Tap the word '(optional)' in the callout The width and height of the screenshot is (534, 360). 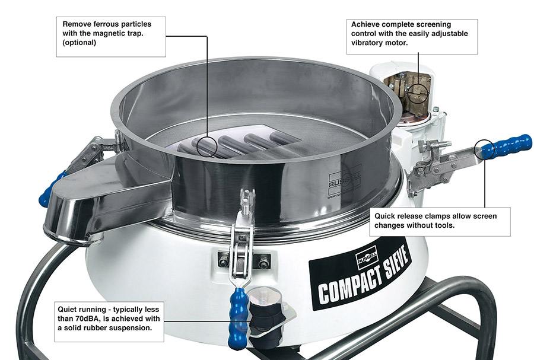[79, 43]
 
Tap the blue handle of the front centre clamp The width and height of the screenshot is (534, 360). [238, 318]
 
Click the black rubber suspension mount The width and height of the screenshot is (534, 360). [266, 316]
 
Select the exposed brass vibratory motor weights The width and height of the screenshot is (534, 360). [407, 90]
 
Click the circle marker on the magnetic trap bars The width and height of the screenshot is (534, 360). [207, 146]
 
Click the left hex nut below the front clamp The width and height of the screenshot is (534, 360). [224, 263]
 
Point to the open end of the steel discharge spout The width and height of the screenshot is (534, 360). [72, 235]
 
